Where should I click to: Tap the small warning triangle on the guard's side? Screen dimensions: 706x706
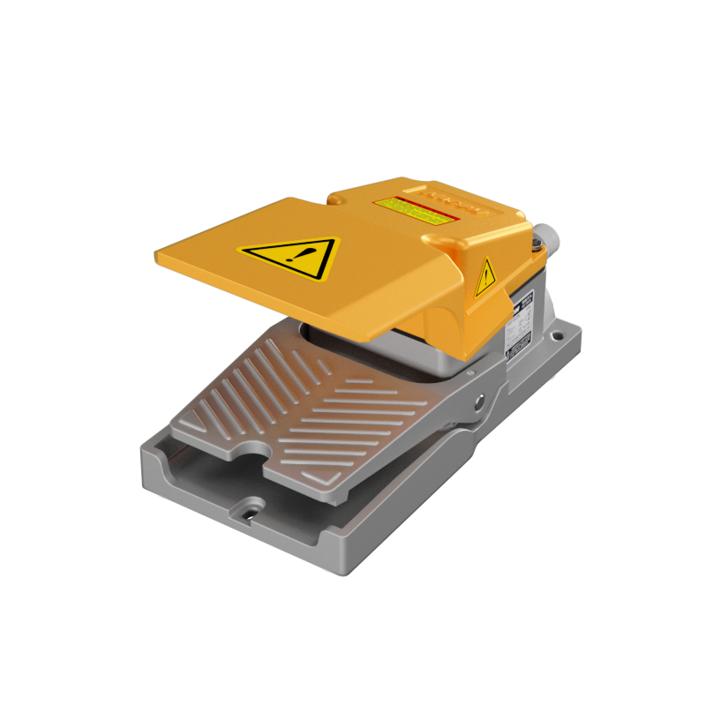[485, 279]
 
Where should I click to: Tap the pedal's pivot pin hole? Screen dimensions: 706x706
[479, 402]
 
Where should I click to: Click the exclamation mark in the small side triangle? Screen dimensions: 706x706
[485, 280]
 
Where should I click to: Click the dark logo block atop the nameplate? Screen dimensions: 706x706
[523, 301]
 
